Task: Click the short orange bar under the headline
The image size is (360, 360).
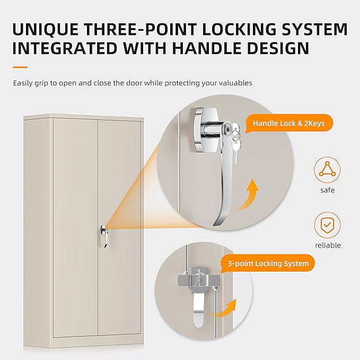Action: click(20, 67)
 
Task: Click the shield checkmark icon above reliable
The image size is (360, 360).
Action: click(327, 225)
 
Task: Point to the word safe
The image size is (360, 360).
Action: click(327, 190)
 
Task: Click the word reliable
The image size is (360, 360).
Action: click(327, 245)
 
